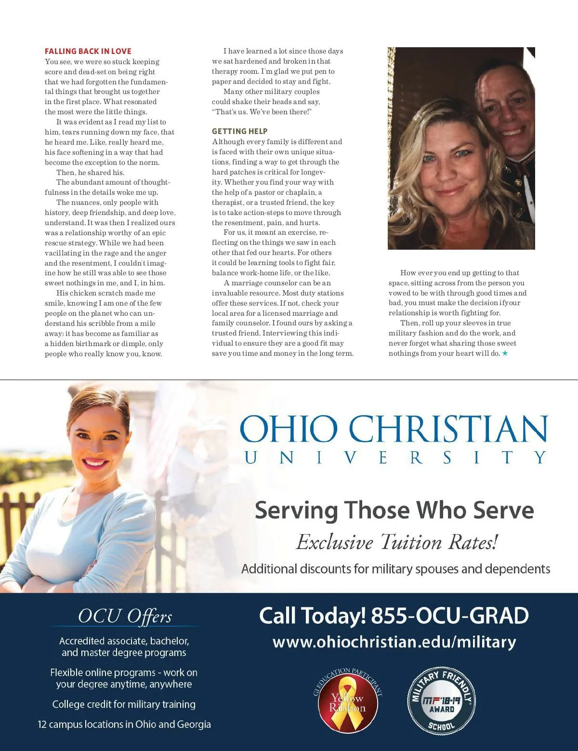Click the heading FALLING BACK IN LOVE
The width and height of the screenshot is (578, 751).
[x=88, y=51]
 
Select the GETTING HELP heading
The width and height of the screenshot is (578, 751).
[x=239, y=131]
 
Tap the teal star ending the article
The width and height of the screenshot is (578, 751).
[x=505, y=353]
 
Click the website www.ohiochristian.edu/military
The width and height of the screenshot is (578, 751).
[x=394, y=642]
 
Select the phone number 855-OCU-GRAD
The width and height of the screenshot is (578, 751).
[x=450, y=616]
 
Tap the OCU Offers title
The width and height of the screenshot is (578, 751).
[x=125, y=617]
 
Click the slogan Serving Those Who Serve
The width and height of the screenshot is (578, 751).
[x=394, y=510]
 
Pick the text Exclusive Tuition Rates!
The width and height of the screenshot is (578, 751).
[x=396, y=542]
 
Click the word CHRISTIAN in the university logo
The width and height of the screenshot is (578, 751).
[x=448, y=429]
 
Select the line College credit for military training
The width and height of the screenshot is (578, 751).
[x=124, y=704]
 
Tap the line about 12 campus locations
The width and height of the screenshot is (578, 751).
[x=124, y=724]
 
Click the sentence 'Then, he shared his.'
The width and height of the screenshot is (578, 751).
[x=90, y=173]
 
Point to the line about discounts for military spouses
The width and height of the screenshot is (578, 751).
[x=395, y=569]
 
